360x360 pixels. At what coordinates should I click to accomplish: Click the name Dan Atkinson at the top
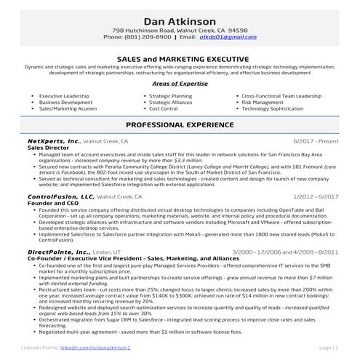tap(180, 20)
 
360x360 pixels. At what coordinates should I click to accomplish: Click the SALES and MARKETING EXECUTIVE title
tap(180, 57)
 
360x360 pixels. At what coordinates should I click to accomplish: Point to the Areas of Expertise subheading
tap(180, 84)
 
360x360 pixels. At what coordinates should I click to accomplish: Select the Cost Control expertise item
tap(164, 109)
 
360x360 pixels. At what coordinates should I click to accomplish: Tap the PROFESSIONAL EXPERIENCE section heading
tap(180, 125)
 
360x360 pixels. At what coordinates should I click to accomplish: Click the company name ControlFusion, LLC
tap(61, 196)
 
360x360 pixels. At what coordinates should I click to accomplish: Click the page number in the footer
tap(328, 349)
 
